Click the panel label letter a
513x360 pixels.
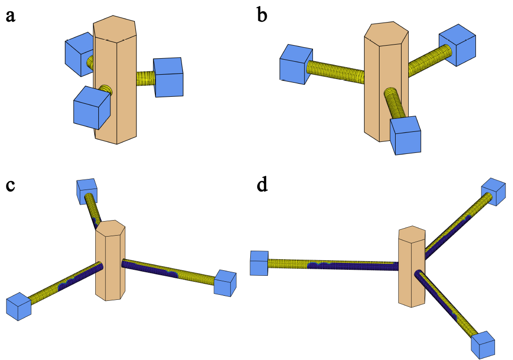tap(11, 16)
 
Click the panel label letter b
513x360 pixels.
tap(262, 16)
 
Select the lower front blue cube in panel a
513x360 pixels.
tap(91, 107)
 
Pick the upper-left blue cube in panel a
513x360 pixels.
tap(79, 54)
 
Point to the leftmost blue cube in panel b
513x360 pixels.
tap(296, 64)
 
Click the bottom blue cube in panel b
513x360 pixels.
tap(406, 135)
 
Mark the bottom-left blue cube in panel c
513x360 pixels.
tap(19, 306)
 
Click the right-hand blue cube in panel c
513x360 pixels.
tap(224, 283)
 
